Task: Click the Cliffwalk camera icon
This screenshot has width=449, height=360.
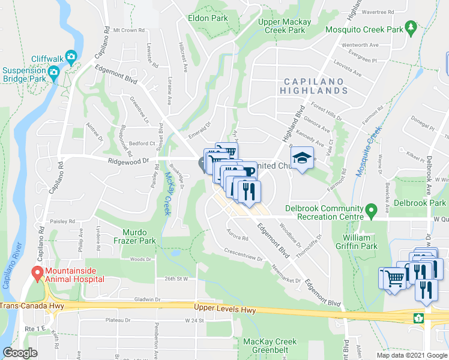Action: coord(71,56)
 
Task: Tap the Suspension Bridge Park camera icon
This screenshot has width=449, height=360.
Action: coord(54,74)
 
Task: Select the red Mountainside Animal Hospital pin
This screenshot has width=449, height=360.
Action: coord(37,274)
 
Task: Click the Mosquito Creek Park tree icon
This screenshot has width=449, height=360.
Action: coord(411,27)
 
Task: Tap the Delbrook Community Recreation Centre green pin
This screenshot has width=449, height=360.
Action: coord(371,210)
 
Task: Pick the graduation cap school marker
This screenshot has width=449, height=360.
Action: coord(302,158)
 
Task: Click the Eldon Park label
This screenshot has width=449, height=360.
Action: coord(208,19)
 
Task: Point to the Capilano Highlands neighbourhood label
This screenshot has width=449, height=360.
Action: coord(313,86)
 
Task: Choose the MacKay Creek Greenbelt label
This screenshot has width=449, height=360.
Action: coord(270,346)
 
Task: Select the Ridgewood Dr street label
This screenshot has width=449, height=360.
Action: coord(128,161)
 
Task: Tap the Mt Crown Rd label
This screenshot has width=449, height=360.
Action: coord(129,29)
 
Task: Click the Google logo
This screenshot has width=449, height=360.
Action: coord(20,353)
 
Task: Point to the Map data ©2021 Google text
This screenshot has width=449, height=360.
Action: coord(411,356)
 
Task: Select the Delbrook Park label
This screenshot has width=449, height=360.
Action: coord(420,203)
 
